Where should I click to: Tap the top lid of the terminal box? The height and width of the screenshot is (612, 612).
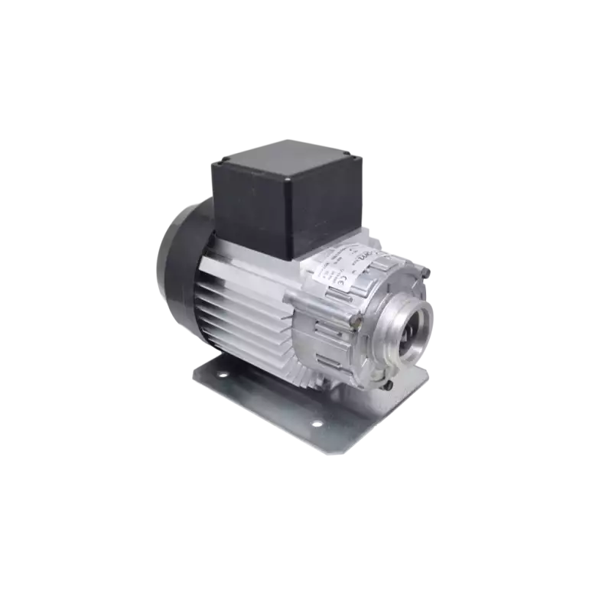(287, 153)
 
